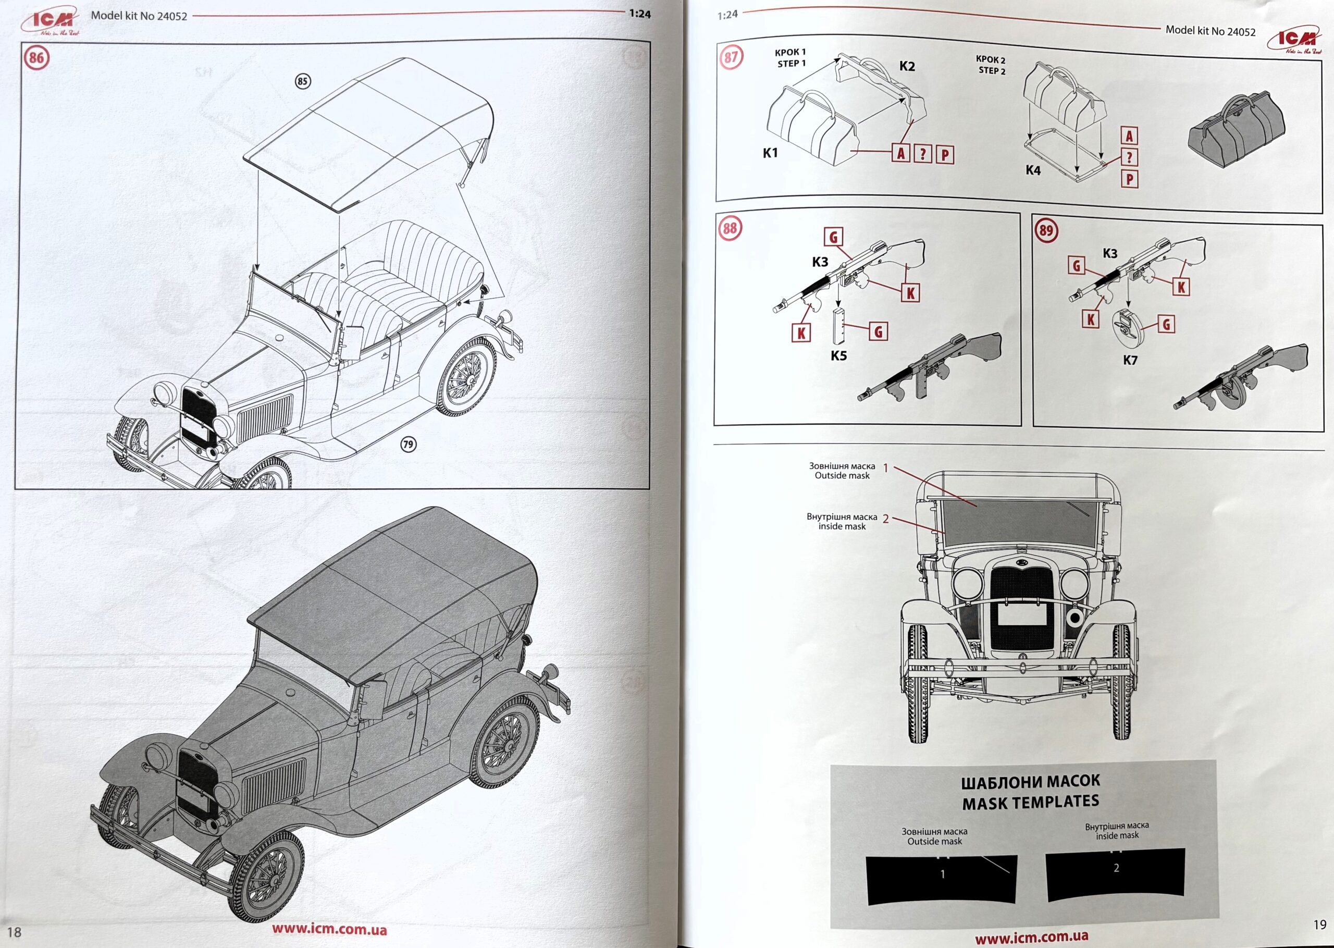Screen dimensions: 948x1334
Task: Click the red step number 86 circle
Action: click(x=36, y=58)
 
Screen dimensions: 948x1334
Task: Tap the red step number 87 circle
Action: click(x=731, y=57)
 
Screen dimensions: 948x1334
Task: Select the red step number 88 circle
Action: click(x=730, y=228)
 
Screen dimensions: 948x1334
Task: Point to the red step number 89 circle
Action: click(x=1046, y=230)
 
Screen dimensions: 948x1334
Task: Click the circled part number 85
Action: click(x=302, y=81)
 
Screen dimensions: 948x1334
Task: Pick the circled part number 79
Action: click(x=408, y=444)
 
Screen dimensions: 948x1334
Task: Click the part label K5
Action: click(x=838, y=355)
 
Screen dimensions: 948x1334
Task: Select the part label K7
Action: click(x=1130, y=360)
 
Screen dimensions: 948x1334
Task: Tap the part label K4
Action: click(x=1033, y=170)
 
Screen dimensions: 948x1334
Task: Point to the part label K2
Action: click(x=907, y=67)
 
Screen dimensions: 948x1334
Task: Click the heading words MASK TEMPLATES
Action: click(x=1030, y=802)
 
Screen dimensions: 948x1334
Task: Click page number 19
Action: click(x=1319, y=924)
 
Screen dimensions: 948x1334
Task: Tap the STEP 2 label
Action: click(x=992, y=71)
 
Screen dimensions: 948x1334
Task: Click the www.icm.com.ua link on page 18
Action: click(x=328, y=929)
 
